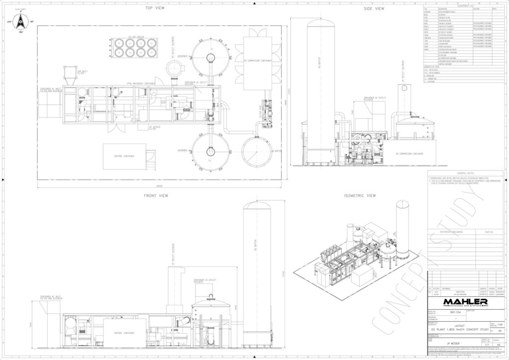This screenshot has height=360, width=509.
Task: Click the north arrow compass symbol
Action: click(20, 22)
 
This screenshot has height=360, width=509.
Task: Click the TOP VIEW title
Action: click(155, 8)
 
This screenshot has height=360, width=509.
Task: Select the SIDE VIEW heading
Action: click(374, 8)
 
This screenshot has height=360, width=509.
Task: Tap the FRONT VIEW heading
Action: click(156, 195)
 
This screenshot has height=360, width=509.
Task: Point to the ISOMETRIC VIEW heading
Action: click(360, 195)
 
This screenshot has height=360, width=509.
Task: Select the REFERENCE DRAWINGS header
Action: click(451, 232)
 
